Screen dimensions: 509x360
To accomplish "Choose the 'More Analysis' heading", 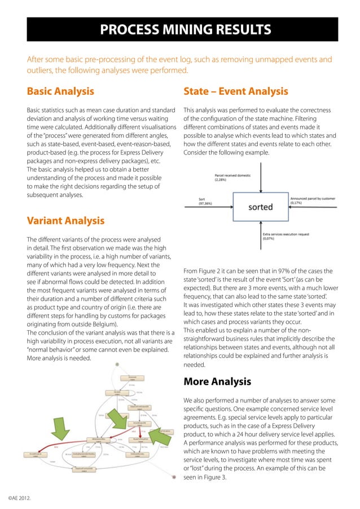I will click(x=217, y=382).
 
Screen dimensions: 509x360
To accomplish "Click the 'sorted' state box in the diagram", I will click(x=260, y=207).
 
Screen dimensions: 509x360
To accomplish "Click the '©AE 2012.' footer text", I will click(x=20, y=499).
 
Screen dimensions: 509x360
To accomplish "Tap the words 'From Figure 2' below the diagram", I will click(x=204, y=271).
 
